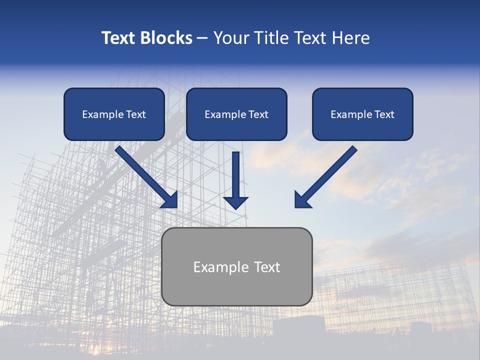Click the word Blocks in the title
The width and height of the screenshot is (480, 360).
point(166,38)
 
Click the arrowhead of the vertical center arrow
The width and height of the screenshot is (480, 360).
point(235,202)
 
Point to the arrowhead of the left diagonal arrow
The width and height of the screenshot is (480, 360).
point(170,200)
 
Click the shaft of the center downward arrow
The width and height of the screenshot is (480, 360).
point(235,172)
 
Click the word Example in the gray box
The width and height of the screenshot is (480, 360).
point(217,267)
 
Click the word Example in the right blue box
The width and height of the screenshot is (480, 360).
point(350,114)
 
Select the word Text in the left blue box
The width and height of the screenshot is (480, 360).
point(135,114)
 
